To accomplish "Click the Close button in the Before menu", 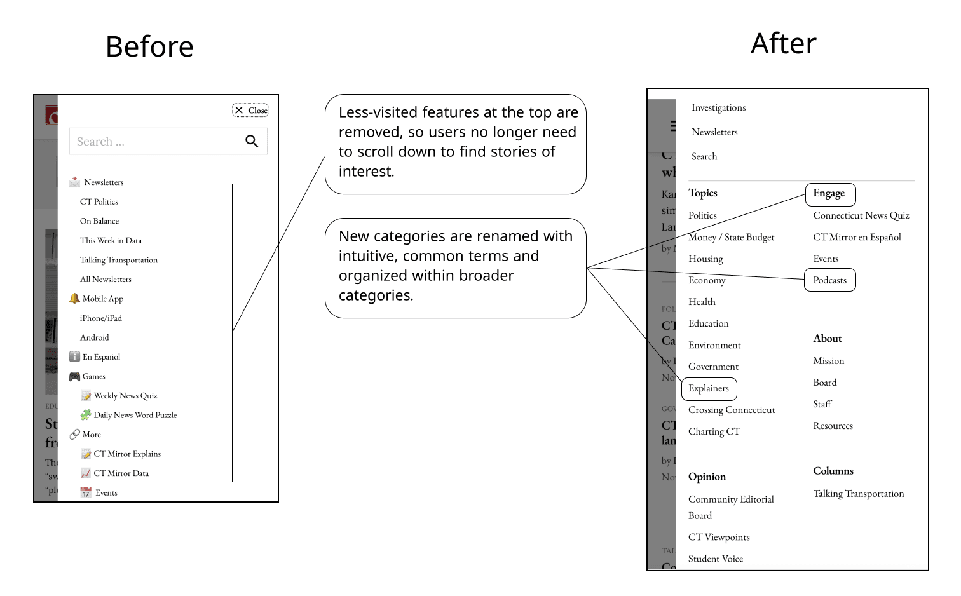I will (x=250, y=111).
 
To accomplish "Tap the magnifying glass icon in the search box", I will (x=252, y=141).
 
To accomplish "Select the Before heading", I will (x=149, y=47).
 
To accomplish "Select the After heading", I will (x=783, y=44).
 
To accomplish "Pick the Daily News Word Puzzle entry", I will (x=135, y=416).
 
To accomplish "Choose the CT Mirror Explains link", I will (x=127, y=454).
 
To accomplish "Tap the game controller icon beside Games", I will (x=74, y=377).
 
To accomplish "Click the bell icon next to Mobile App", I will (x=74, y=299).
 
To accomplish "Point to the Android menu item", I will (x=94, y=338).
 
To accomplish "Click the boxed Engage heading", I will (x=829, y=193).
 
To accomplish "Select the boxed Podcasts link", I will (x=829, y=280).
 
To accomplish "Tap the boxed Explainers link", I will (x=709, y=388).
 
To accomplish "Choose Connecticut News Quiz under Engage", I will (x=861, y=216).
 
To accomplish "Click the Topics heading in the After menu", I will (x=703, y=193).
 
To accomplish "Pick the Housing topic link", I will (x=705, y=259).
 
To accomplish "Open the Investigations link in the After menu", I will (x=718, y=108).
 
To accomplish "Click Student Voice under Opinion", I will (x=716, y=559).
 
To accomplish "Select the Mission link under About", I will (x=829, y=361).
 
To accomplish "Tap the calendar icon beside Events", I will (x=86, y=492).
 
